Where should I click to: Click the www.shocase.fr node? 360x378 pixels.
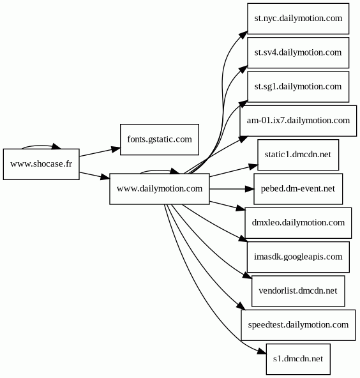[x=41, y=164]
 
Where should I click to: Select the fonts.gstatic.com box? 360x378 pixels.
[x=160, y=140]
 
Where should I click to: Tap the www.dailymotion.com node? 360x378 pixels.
[x=160, y=189]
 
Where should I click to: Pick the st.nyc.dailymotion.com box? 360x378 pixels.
[x=298, y=19]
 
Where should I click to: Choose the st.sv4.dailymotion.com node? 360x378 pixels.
[x=298, y=53]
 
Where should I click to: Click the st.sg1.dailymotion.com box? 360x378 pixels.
[x=298, y=87]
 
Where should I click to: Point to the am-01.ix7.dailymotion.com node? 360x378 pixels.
[x=298, y=121]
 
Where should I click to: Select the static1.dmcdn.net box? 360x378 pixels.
[x=298, y=155]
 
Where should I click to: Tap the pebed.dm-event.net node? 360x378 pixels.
[x=298, y=189]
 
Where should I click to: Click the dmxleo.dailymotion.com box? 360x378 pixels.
[x=298, y=223]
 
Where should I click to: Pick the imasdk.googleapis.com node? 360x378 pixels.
[x=298, y=257]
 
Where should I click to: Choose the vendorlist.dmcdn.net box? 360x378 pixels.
[x=298, y=291]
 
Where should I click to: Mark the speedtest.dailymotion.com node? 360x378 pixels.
[x=298, y=325]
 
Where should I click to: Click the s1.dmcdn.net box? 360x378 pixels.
[x=298, y=359]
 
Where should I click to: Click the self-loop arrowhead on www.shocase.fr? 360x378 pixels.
[x=56, y=146]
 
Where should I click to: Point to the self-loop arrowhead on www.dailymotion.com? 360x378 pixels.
[x=175, y=171]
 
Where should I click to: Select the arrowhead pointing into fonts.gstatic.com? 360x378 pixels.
[x=116, y=149]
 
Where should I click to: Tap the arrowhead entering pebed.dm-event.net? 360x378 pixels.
[x=250, y=189]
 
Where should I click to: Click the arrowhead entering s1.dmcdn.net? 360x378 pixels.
[x=262, y=352]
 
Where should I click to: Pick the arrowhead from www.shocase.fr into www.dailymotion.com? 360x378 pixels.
[x=105, y=177]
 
